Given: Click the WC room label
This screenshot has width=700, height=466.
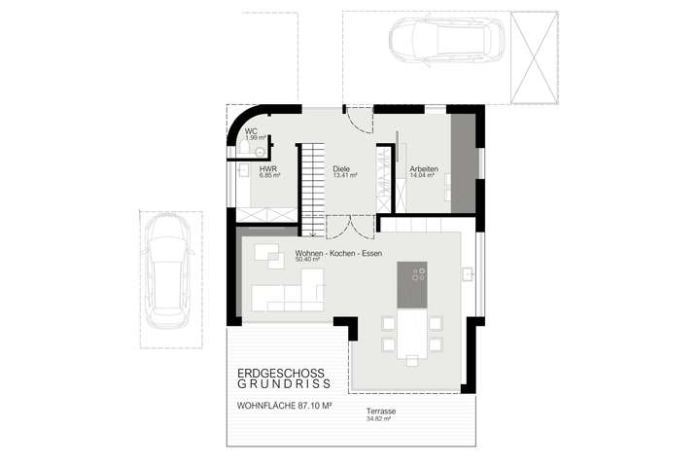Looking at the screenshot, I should [x=250, y=131].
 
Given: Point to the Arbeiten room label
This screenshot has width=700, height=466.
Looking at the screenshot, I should [x=424, y=169].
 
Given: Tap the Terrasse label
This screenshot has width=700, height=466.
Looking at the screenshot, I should [x=381, y=411].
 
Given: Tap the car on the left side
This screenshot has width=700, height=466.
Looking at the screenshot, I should [x=166, y=274].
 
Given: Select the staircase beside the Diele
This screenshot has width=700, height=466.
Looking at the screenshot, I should [x=311, y=187].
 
